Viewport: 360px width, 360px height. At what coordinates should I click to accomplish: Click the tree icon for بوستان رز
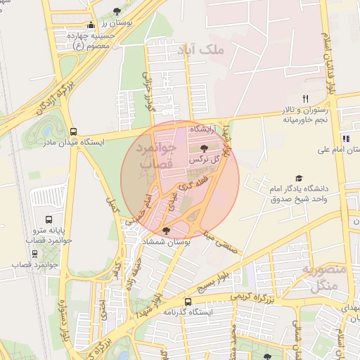(x=117, y=11)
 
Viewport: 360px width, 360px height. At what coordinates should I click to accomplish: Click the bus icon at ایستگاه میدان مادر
(x=73, y=131)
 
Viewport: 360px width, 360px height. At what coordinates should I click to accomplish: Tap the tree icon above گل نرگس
(x=204, y=148)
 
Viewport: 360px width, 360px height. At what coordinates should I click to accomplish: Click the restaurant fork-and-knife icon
(x=305, y=98)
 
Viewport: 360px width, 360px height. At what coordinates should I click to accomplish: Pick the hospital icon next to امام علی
(x=345, y=138)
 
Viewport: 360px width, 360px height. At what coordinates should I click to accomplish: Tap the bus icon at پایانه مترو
(x=49, y=219)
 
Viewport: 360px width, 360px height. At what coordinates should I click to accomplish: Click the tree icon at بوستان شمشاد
(x=166, y=231)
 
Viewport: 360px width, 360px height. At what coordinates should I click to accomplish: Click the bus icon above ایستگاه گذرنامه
(x=187, y=302)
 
